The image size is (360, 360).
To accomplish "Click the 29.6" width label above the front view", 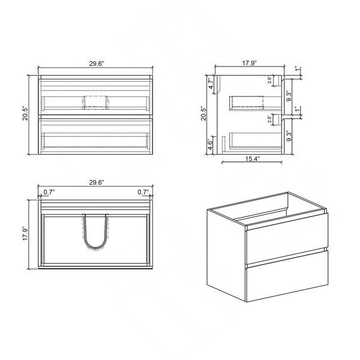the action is click(97, 64).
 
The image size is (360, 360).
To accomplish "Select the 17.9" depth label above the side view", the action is click(250, 63).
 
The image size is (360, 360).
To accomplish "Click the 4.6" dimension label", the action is click(211, 145).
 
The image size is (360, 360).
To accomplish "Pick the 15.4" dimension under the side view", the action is click(253, 158).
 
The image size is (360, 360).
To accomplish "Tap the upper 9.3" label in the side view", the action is click(289, 97).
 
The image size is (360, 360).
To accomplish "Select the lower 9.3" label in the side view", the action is click(289, 136).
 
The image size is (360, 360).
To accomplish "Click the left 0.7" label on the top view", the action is click(49, 192).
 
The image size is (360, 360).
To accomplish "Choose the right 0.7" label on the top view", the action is click(143, 192).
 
